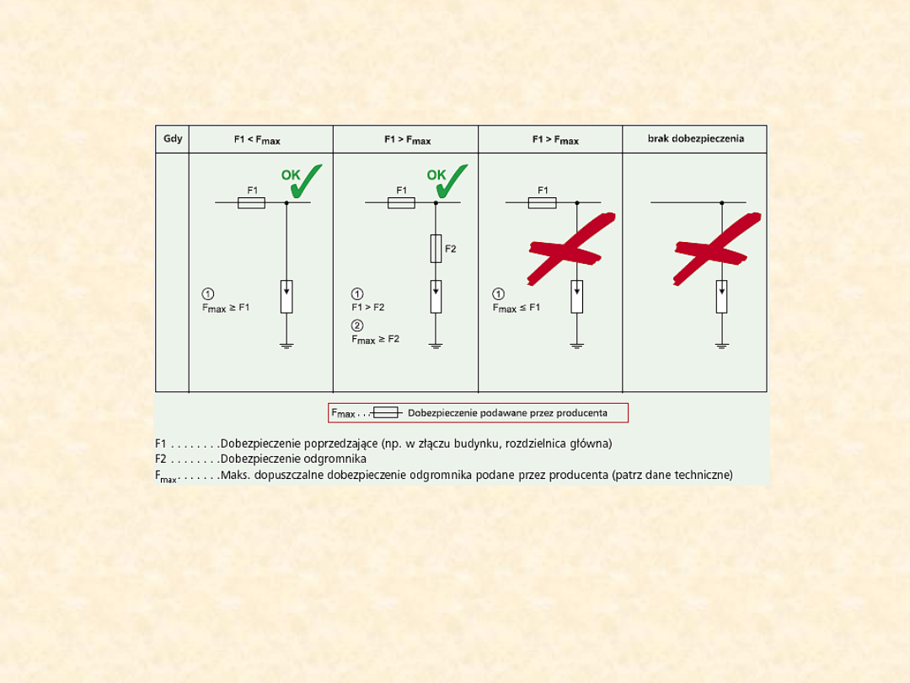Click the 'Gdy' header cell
coord(173,139)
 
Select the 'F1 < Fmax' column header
coord(257,140)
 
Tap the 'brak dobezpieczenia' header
coord(696,139)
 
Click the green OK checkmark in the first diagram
coord(302,180)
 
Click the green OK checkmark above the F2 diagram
coord(447,180)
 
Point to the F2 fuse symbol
coord(436,249)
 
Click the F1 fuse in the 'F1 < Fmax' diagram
coord(251,202)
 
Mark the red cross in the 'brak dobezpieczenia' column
coord(717,249)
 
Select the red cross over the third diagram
coord(571,249)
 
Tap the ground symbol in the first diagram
coord(286,347)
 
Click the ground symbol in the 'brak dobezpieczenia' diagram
coord(722,347)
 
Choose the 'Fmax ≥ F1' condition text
coord(226,308)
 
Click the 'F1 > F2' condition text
coord(368,307)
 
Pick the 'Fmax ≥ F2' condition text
coord(376,339)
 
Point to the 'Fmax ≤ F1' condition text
coord(517,308)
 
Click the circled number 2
coord(357,325)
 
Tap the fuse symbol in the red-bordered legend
coord(386,412)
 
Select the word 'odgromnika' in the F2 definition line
coord(335,460)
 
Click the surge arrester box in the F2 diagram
coord(436,297)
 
